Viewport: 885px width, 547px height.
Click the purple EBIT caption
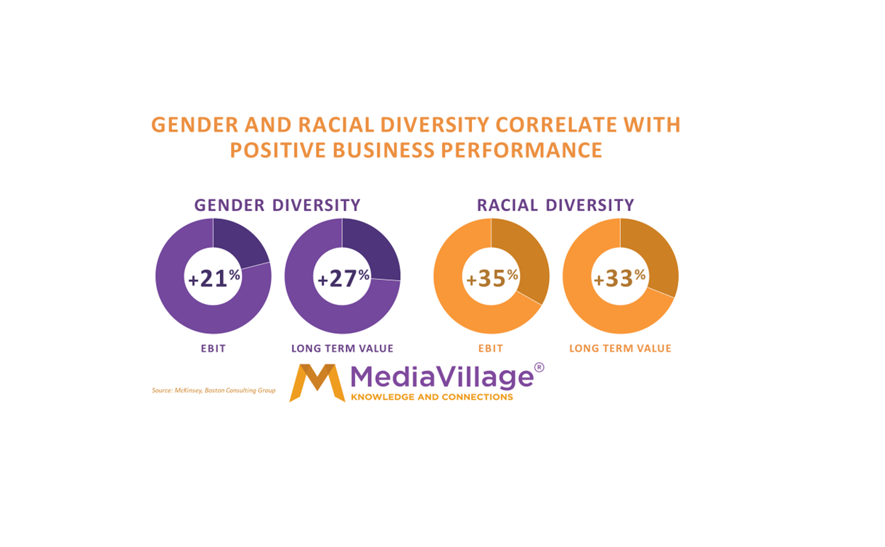[x=213, y=349]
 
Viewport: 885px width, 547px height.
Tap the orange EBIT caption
[x=491, y=349]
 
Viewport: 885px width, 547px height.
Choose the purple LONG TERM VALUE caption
[x=342, y=349]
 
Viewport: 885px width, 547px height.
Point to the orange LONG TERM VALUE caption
[x=620, y=349]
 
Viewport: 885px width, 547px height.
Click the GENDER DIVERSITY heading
[x=277, y=205]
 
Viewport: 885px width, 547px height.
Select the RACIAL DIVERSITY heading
[x=555, y=205]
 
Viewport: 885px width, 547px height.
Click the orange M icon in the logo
[x=317, y=383]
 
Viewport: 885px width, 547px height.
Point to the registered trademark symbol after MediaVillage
[x=539, y=368]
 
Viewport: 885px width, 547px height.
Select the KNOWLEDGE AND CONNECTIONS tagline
[x=431, y=397]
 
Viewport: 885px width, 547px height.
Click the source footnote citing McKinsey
[x=213, y=391]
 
